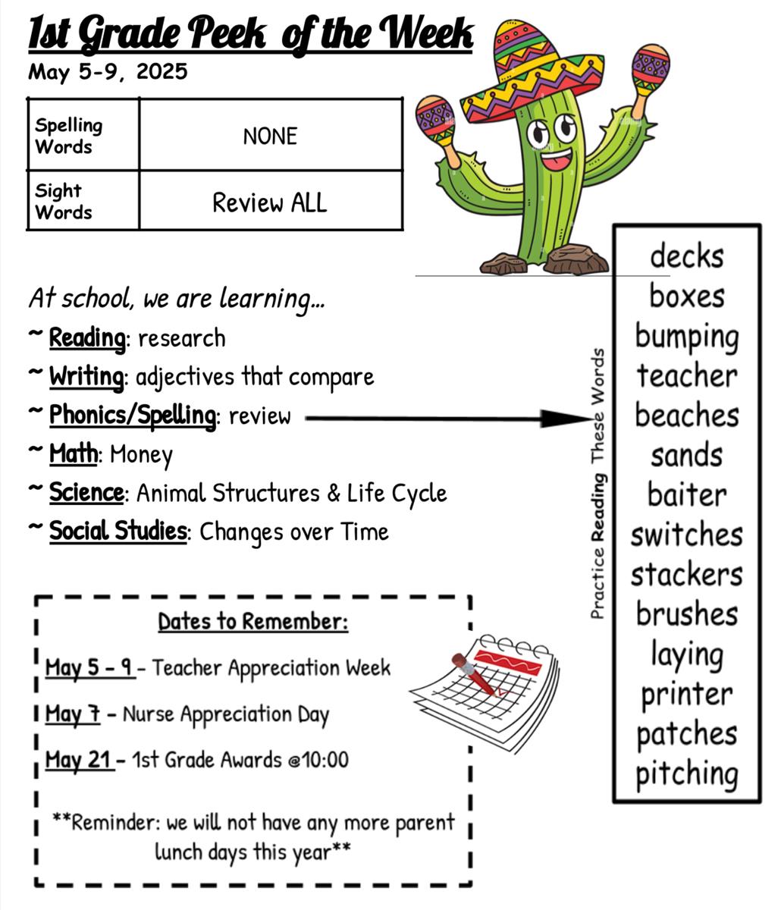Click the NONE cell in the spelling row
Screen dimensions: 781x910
pos(270,135)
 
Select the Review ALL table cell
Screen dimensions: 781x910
pos(270,201)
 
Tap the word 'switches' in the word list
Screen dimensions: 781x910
pos(686,535)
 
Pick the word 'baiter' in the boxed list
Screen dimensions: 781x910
pos(686,494)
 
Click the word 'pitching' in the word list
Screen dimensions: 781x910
pos(686,774)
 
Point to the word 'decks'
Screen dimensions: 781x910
pos(686,256)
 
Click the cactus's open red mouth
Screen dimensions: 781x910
pos(557,159)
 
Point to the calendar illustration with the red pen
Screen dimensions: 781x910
pos(485,692)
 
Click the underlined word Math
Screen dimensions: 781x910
pos(73,453)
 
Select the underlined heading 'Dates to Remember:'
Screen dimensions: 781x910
pos(252,622)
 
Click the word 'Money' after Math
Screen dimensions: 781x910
pos(141,454)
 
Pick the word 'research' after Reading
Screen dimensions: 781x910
pos(181,338)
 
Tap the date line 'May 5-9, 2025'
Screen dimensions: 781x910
pos(108,71)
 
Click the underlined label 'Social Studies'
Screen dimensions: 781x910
pos(118,531)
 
